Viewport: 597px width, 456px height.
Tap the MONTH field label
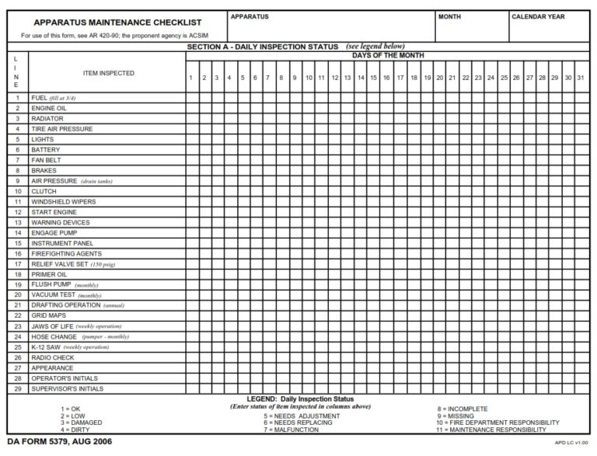[450, 16]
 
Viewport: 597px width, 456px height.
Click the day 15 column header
[373, 78]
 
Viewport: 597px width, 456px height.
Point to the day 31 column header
[581, 78]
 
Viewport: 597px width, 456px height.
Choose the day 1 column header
[191, 78]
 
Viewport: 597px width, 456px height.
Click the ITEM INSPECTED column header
[108, 73]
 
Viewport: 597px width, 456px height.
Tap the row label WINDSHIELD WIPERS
[64, 202]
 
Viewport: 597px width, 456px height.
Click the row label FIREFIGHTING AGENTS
[66, 254]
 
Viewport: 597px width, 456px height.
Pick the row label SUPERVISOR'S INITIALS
[67, 389]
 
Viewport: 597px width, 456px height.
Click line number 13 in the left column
[17, 222]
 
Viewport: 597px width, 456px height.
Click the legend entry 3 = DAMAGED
[80, 423]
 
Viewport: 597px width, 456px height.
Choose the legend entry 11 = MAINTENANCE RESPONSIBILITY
[491, 430]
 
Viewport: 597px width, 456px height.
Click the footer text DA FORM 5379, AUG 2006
[59, 442]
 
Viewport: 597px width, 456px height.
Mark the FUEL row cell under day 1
[191, 98]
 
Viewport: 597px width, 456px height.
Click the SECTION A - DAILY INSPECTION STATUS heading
[263, 47]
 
